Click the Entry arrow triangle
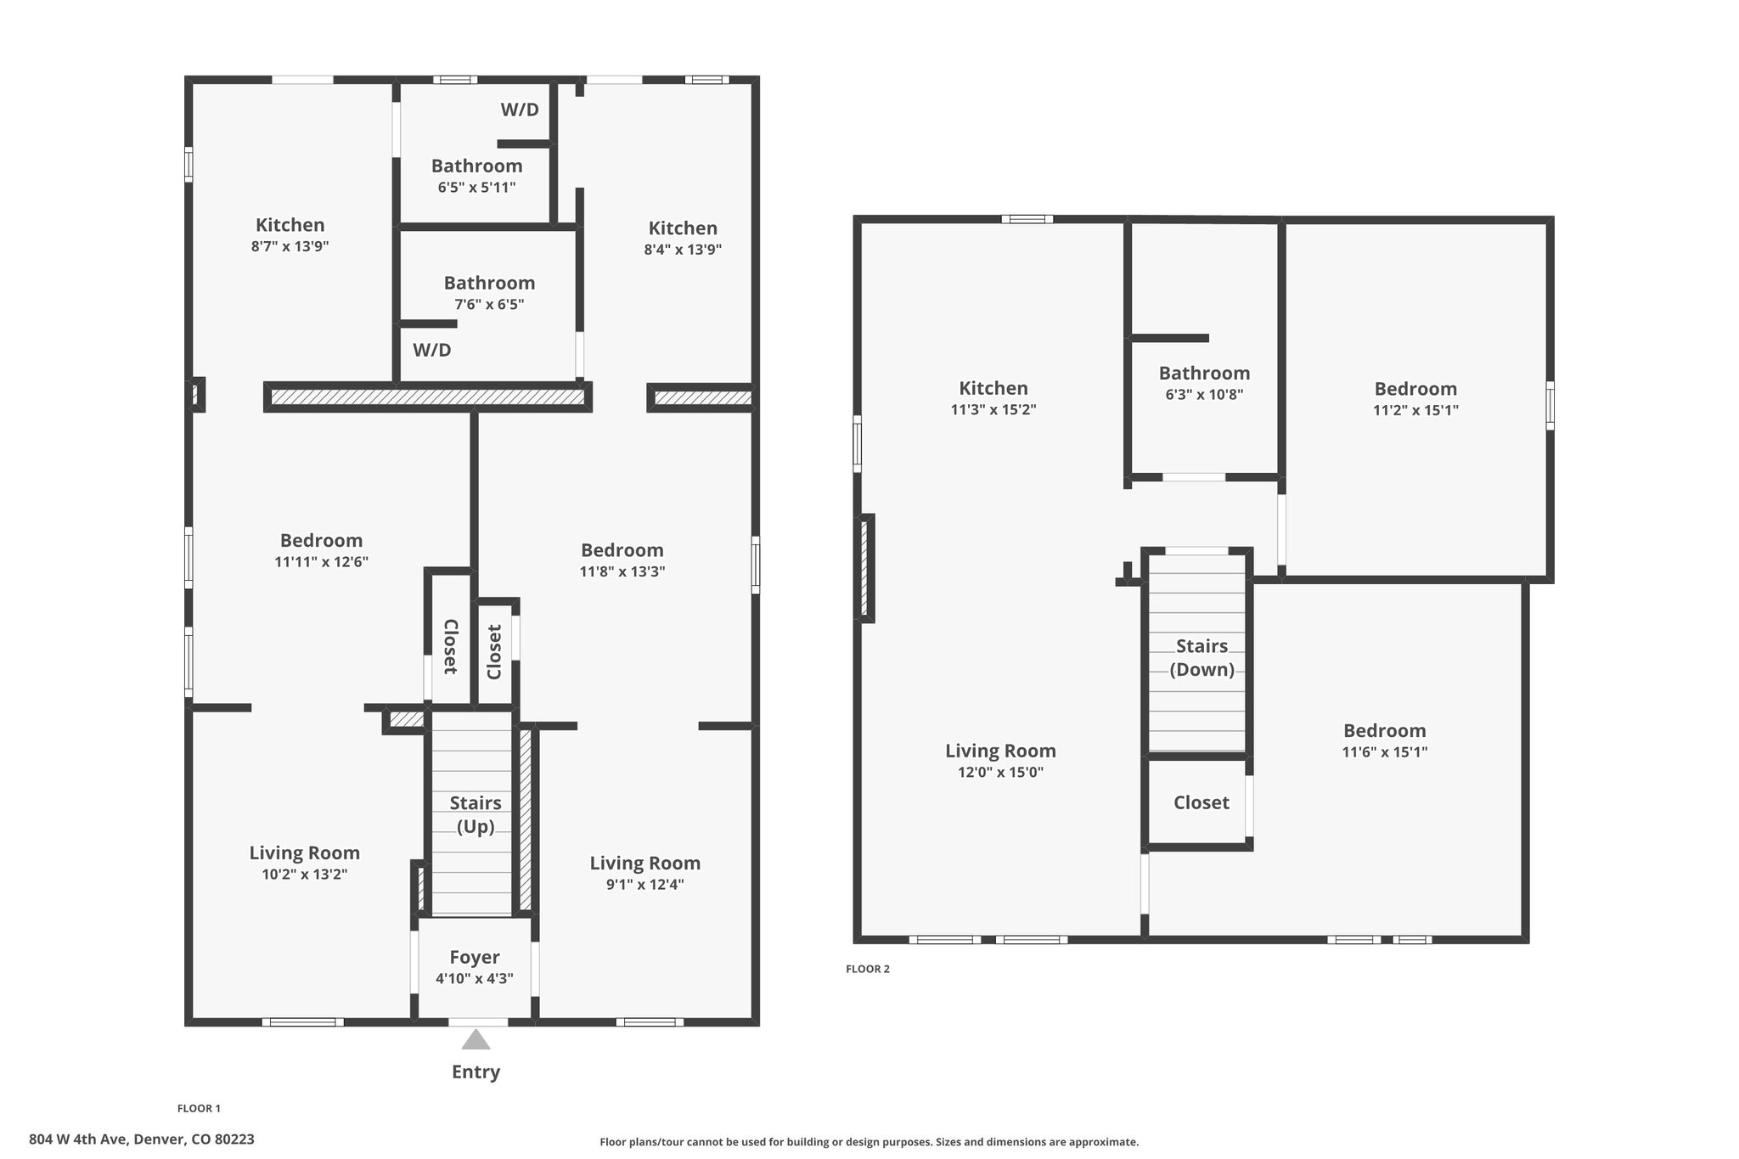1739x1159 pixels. click(x=476, y=1039)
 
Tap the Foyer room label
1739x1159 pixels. click(x=475, y=957)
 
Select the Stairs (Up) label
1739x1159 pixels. click(x=476, y=814)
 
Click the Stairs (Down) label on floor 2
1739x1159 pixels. click(x=1202, y=657)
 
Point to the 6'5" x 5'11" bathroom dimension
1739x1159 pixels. click(x=476, y=188)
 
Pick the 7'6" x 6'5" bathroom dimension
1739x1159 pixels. click(x=489, y=304)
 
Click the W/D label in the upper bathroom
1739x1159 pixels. click(x=520, y=110)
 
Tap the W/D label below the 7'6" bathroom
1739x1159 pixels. click(x=432, y=350)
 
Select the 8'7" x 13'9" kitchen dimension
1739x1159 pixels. click(x=290, y=246)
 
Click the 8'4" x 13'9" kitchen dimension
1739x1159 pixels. click(x=683, y=250)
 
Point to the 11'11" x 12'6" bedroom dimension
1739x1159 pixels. click(x=321, y=561)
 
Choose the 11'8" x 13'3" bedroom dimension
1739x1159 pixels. click(x=622, y=571)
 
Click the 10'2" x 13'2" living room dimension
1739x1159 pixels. click(x=305, y=874)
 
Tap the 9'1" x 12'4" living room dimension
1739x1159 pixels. click(x=645, y=884)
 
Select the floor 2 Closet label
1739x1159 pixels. click(x=1202, y=802)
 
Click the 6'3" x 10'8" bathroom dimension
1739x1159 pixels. click(x=1204, y=394)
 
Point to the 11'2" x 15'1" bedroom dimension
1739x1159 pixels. click(x=1415, y=410)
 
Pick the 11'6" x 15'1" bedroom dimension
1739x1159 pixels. click(x=1384, y=751)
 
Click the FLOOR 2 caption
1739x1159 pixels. click(x=868, y=969)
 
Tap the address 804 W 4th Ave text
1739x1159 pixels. click(x=77, y=1139)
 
